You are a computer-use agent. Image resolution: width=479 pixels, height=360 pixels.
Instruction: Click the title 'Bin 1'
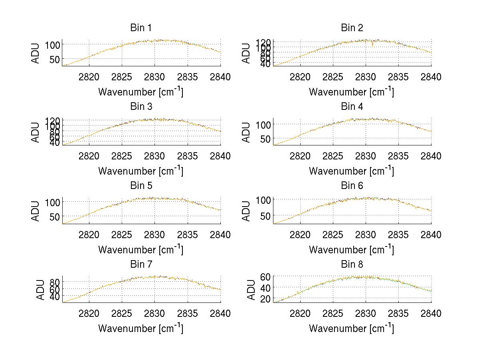coord(141,28)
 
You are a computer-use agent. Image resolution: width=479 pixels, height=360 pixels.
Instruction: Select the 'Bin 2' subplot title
coord(352,28)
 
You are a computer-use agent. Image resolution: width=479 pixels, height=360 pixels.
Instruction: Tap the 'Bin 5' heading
coord(141,185)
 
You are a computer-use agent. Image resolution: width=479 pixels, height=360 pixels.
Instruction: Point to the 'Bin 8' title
coord(352,264)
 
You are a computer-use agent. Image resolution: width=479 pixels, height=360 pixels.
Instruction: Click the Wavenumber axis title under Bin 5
coord(141,250)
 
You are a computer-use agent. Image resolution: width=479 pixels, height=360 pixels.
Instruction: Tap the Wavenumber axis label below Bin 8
coord(352,328)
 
